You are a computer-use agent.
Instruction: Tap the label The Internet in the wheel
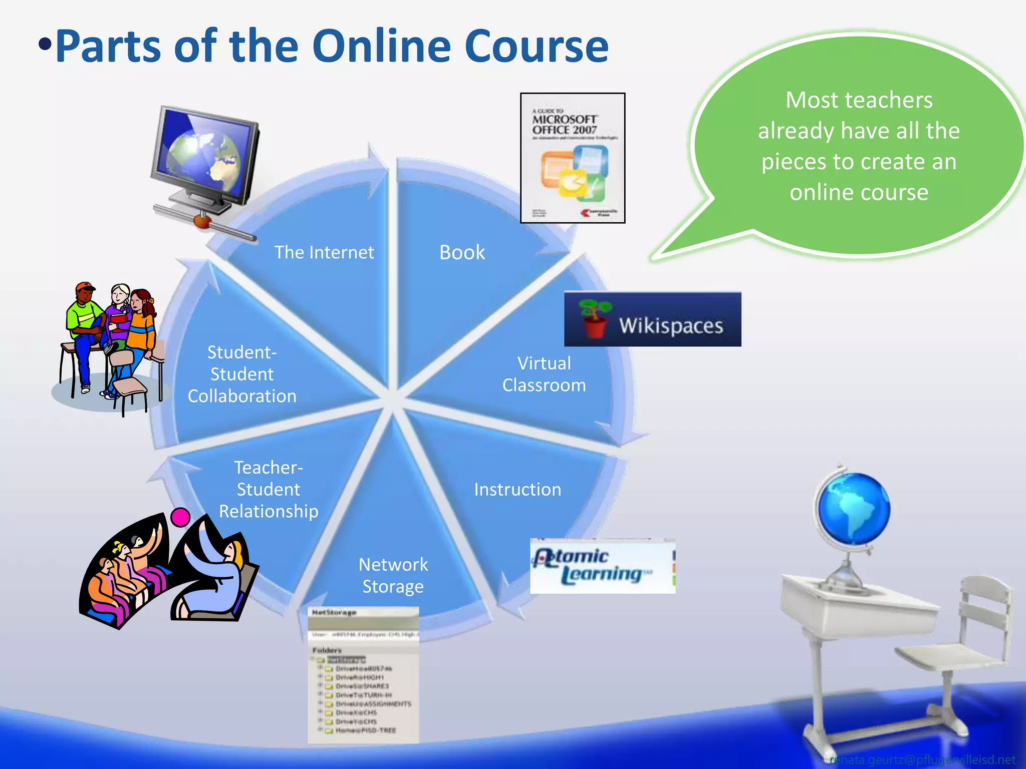[324, 252]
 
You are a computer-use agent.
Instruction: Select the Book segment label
[462, 252]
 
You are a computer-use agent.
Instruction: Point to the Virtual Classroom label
[544, 374]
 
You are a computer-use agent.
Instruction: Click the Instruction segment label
[518, 490]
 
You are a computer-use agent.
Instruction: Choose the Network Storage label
[393, 575]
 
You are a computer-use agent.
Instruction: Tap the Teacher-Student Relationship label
[269, 489]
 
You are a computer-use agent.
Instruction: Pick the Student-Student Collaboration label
[242, 374]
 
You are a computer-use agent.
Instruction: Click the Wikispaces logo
[652, 319]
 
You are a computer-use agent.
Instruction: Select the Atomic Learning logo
[602, 566]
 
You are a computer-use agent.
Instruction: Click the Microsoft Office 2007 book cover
[573, 158]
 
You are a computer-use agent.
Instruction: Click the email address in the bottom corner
[922, 760]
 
